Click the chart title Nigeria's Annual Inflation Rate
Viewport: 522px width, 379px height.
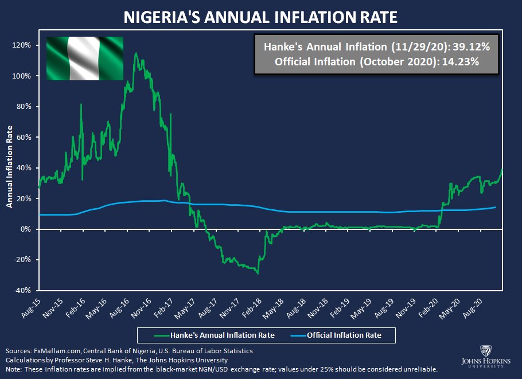coord(260,17)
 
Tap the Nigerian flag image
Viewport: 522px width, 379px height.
coord(84,58)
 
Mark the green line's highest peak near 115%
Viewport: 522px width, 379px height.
coord(135,54)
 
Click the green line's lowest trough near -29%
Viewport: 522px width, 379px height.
coord(258,273)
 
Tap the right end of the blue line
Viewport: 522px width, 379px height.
coord(496,207)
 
